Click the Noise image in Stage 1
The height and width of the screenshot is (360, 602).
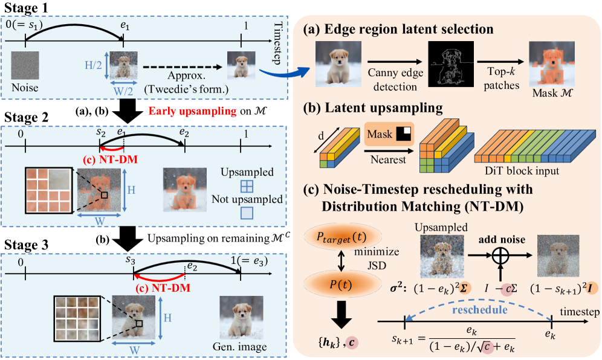[x=26, y=66]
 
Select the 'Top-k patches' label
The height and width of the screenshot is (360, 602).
[x=504, y=80]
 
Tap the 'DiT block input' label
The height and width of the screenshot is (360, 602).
[x=518, y=172]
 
